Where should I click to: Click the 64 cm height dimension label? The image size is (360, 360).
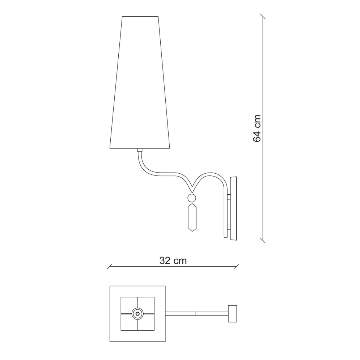257,128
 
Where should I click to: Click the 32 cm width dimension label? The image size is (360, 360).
173,261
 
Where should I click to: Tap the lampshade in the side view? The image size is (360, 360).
140,82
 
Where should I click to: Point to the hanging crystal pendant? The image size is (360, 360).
192,217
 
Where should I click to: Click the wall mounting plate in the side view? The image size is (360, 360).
233,208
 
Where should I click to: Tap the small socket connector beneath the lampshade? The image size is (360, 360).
140,150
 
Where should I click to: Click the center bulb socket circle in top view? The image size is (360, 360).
137,314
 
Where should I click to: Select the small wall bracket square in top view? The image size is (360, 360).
232,314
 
